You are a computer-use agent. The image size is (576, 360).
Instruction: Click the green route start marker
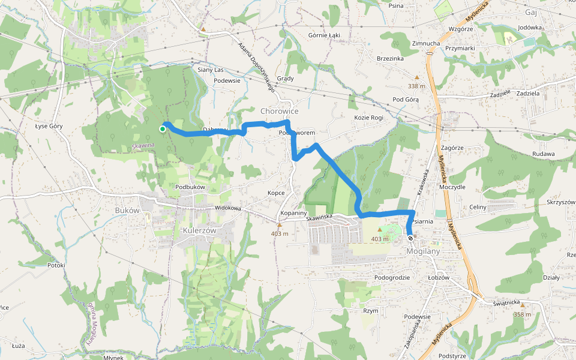pyautogui.click(x=163, y=128)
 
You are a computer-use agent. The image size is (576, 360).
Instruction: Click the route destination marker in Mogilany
pyautogui.click(x=410, y=238)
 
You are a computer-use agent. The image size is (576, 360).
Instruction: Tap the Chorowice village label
pyautogui.click(x=279, y=111)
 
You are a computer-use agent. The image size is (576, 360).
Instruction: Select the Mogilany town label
pyautogui.click(x=423, y=251)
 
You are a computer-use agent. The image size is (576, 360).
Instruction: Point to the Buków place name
pyautogui.click(x=127, y=211)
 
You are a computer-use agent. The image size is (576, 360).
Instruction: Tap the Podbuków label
pyautogui.click(x=190, y=187)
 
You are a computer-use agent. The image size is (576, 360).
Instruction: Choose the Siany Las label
pyautogui.click(x=211, y=70)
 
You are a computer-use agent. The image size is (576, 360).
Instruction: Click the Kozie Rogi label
pyautogui.click(x=368, y=118)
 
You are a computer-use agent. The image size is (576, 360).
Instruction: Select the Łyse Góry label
pyautogui.click(x=49, y=126)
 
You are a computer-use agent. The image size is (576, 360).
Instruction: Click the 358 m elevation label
pyautogui.click(x=523, y=314)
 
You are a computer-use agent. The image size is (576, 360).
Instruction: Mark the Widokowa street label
pyautogui.click(x=227, y=208)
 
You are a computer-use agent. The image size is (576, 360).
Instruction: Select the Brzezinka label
pyautogui.click(x=390, y=59)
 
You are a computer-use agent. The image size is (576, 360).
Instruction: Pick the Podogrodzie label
pyautogui.click(x=392, y=278)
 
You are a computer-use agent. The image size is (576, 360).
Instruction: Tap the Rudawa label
pyautogui.click(x=543, y=154)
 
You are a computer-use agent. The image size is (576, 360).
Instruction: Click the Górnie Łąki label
pyautogui.click(x=324, y=35)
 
